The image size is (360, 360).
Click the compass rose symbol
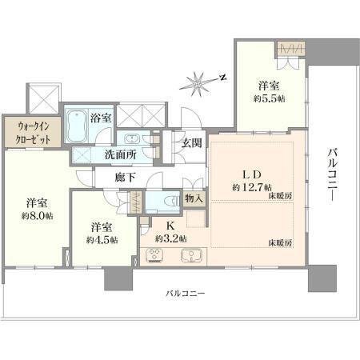pyautogui.click(x=198, y=84)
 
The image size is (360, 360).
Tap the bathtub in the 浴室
pyautogui.click(x=77, y=126)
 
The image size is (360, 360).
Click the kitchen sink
pyautogui.click(x=191, y=256)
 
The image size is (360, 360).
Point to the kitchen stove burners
pyautogui.click(x=155, y=255)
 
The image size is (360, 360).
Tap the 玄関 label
pyautogui.click(x=191, y=143)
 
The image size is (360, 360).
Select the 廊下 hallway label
pyautogui.click(x=125, y=177)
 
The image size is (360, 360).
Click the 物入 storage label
pyautogui.click(x=194, y=198)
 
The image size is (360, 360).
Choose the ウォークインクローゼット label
pyautogui.click(x=33, y=133)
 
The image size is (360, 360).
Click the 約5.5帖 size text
pyautogui.click(x=269, y=99)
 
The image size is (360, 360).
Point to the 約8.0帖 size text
pyautogui.click(x=37, y=215)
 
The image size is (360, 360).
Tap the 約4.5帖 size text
pyautogui.click(x=102, y=240)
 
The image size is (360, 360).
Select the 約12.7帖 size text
pyautogui.click(x=252, y=187)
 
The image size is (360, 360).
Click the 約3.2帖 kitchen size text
pyautogui.click(x=171, y=238)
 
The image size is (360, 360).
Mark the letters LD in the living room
pyautogui.click(x=251, y=175)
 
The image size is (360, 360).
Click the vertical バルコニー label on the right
pyautogui.click(x=333, y=175)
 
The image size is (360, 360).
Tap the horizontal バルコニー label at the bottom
pyautogui.click(x=186, y=294)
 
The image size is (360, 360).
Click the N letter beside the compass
pyautogui.click(x=222, y=78)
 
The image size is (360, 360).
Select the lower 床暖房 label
pyautogui.click(x=280, y=243)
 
